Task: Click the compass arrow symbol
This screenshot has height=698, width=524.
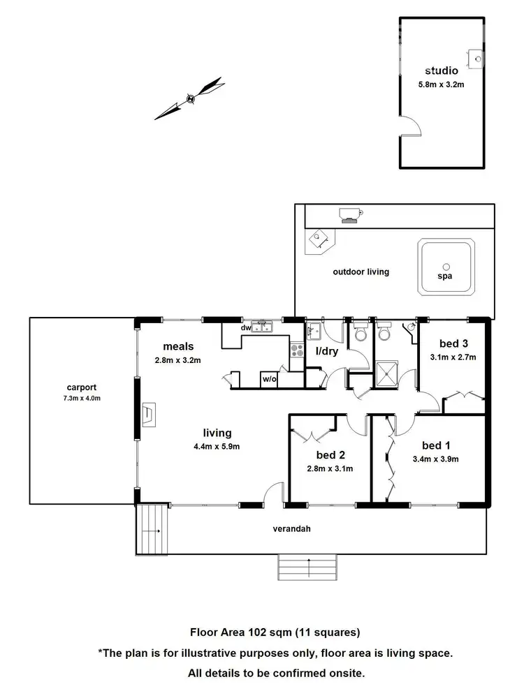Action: [189, 99]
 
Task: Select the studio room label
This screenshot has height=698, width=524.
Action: [442, 70]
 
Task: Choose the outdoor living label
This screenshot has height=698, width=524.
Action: [361, 272]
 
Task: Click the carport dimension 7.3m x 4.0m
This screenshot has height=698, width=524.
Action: [82, 399]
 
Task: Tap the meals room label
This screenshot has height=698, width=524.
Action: [178, 346]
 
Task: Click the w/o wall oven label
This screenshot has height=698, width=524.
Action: [269, 380]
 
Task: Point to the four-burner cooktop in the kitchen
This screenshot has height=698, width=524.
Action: [297, 350]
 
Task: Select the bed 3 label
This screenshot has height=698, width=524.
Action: [453, 343]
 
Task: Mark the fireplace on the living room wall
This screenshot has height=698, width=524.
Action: [149, 413]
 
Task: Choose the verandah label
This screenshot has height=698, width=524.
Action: [291, 528]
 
